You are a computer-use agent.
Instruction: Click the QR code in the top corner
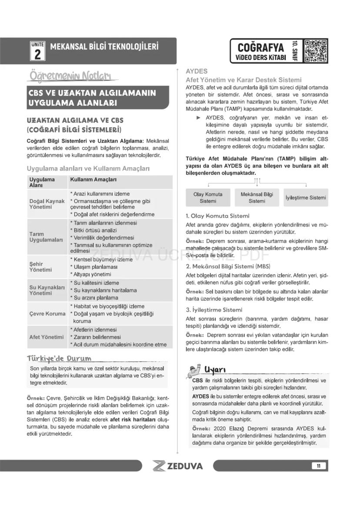click(x=316, y=51)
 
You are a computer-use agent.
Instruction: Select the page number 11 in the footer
click(x=318, y=466)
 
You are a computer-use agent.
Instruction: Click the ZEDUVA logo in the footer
click(x=178, y=466)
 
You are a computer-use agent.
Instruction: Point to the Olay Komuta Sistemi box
click(x=208, y=198)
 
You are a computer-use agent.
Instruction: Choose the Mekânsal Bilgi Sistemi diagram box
click(x=257, y=198)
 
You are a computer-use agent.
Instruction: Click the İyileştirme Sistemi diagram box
click(x=306, y=198)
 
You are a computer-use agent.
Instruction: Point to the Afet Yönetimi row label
click(x=47, y=337)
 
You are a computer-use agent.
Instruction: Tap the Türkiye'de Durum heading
click(x=59, y=359)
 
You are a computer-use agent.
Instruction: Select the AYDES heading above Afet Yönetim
click(x=197, y=71)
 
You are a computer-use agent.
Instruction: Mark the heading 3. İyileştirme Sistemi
click(x=213, y=310)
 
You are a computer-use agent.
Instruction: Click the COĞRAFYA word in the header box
click(x=261, y=47)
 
